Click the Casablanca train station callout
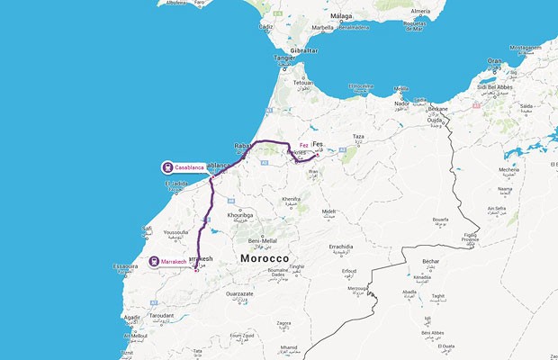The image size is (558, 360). [184, 166]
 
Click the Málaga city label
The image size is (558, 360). [339, 15]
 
